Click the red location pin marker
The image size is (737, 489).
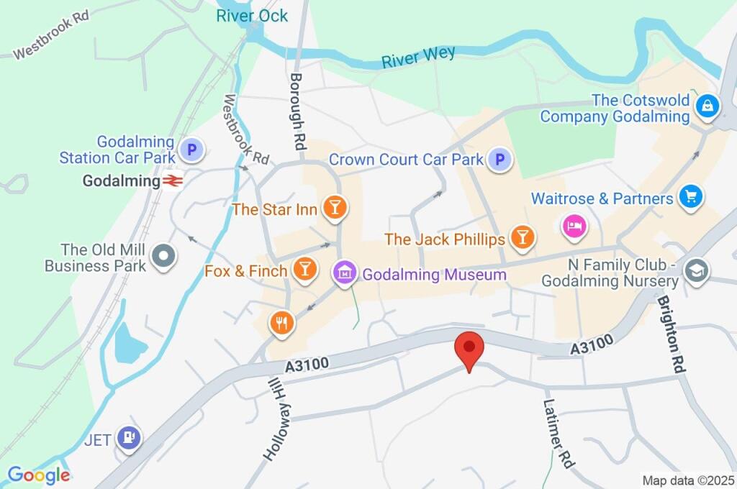(x=469, y=349)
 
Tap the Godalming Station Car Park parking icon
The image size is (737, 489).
(x=191, y=150)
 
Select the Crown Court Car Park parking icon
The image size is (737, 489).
(x=498, y=160)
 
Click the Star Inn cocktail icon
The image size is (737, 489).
(x=335, y=208)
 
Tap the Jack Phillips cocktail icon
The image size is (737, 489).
(x=523, y=237)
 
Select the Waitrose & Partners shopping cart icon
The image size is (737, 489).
(x=691, y=196)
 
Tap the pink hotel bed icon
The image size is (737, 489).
(x=575, y=227)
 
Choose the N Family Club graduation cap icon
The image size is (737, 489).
(x=697, y=271)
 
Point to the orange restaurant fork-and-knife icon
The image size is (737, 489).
(x=281, y=324)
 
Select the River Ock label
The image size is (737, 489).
(x=252, y=16)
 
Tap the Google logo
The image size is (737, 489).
(x=39, y=475)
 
